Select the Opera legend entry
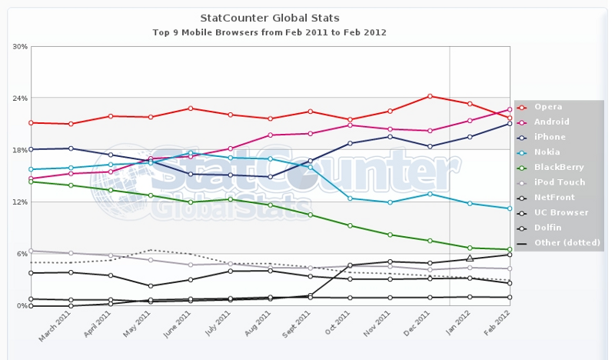548,107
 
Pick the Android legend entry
552,122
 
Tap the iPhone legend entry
550,137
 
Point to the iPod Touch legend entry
560,182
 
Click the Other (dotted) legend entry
564,243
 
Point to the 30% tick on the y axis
20,47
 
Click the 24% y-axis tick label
20,98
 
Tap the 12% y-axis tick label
20,202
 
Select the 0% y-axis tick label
22,306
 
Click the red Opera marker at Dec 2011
430,96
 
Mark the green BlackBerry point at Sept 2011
310,215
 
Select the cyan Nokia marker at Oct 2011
350,198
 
